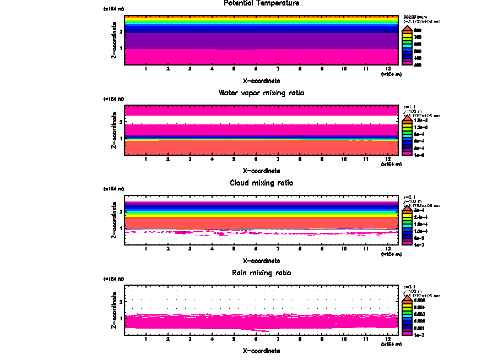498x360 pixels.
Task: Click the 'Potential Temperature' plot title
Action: point(262,3)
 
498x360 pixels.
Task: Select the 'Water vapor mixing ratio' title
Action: point(262,93)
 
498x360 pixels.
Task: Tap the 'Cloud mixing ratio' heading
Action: point(262,183)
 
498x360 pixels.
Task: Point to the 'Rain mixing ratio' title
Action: point(262,273)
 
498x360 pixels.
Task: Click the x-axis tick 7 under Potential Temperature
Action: point(278,69)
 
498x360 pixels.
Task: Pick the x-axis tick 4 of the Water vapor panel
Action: point(212,159)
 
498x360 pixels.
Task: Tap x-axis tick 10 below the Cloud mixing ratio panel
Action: point(344,249)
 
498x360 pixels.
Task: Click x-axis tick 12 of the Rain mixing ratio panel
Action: point(388,339)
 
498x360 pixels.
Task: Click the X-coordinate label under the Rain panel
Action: point(262,350)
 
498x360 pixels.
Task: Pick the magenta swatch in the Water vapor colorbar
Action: point(407,155)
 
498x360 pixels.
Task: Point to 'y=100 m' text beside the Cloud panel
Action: point(413,202)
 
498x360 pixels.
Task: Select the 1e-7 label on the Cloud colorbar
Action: point(417,244)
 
